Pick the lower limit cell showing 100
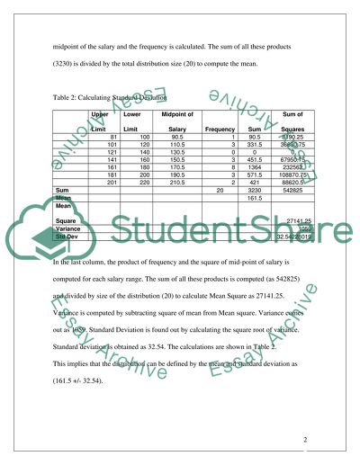142,137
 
